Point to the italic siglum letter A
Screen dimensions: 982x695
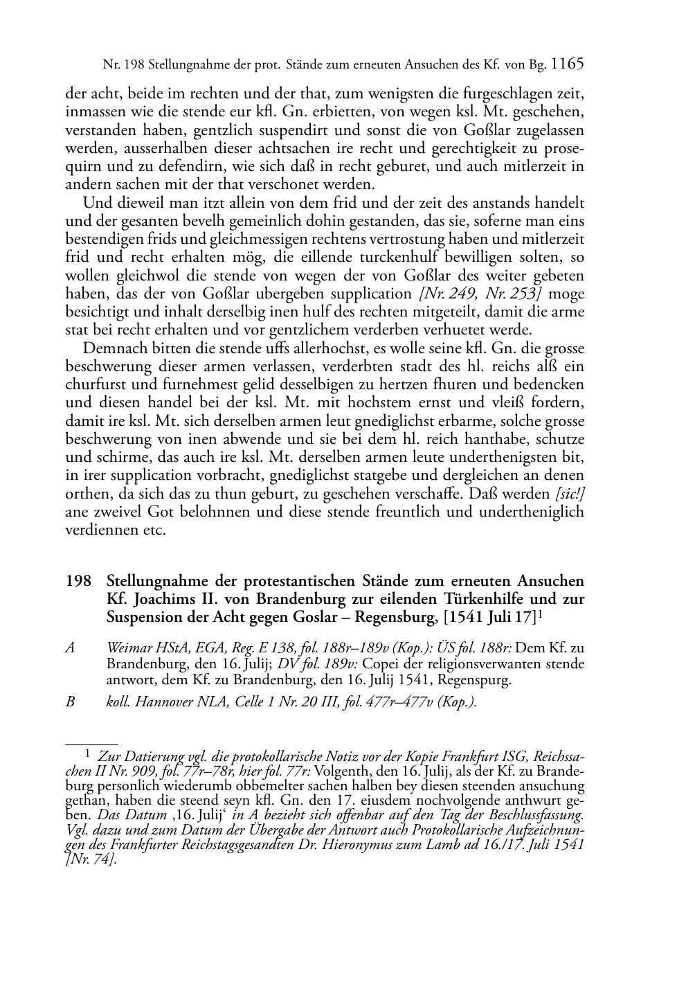69,649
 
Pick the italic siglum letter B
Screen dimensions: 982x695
69,702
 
